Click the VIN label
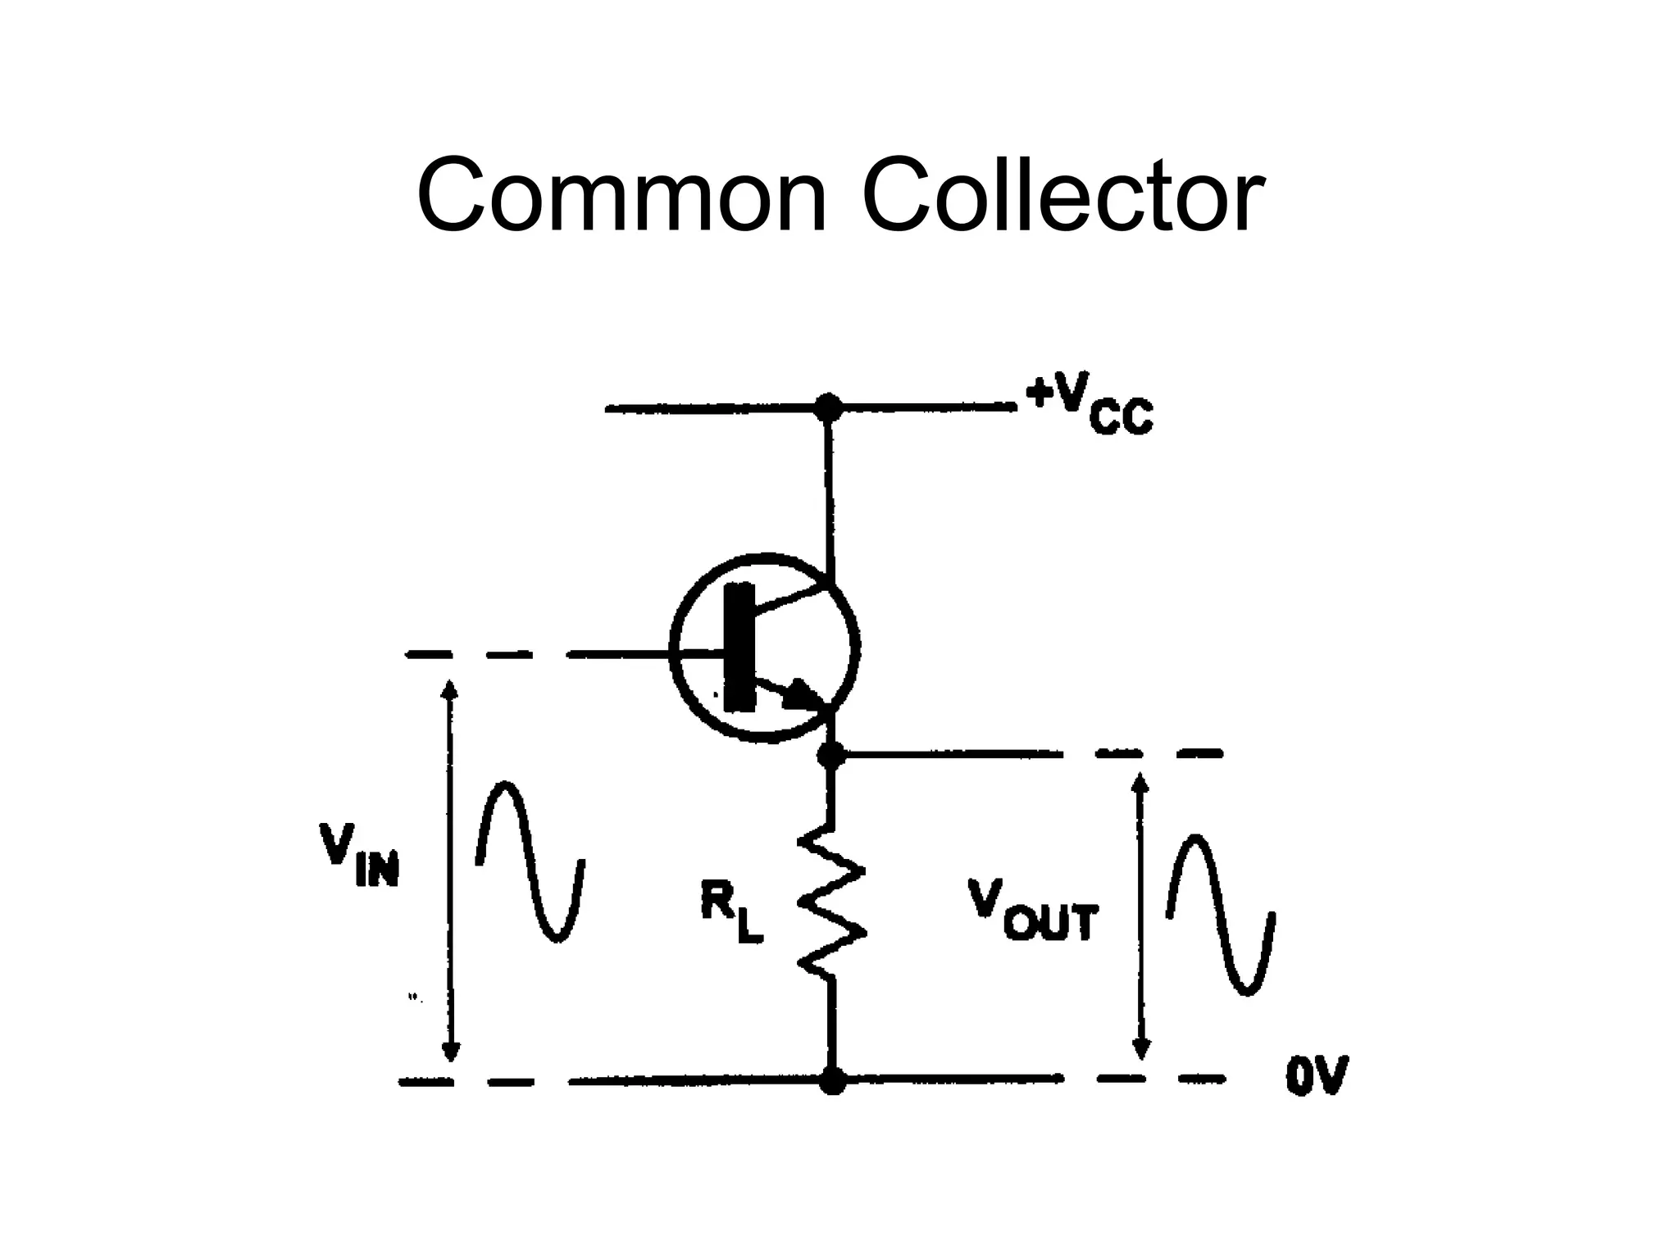(x=359, y=857)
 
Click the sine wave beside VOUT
(x=1221, y=914)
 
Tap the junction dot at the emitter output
(x=831, y=754)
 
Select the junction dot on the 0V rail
(x=832, y=1080)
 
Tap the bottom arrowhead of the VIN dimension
(x=450, y=1052)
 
